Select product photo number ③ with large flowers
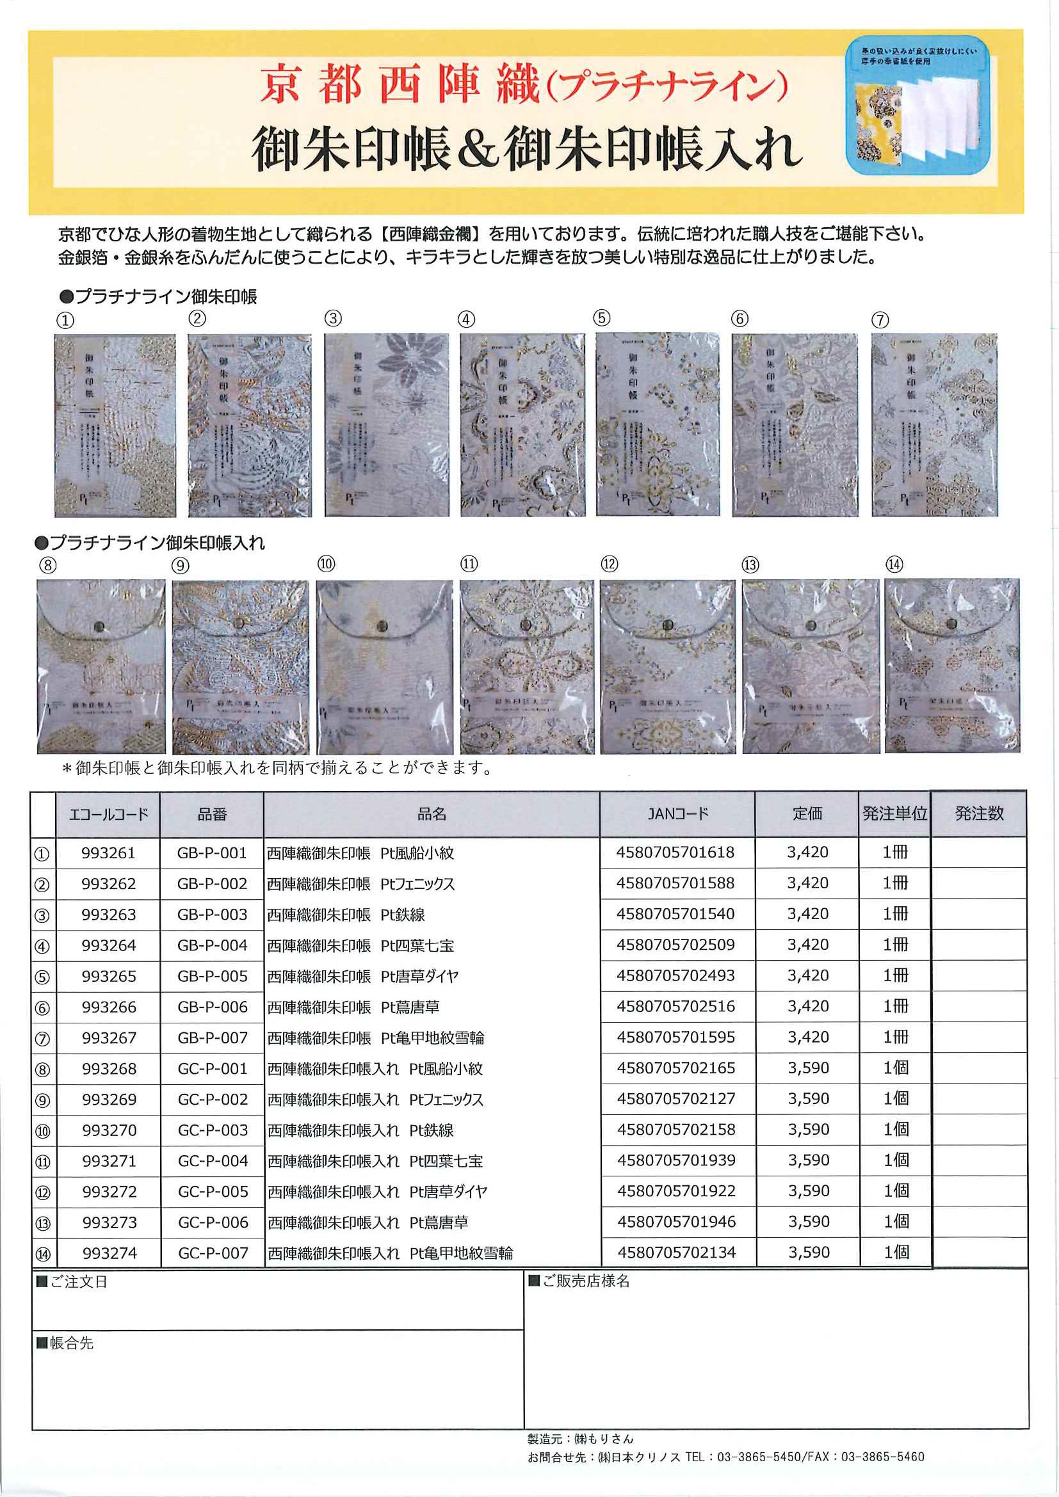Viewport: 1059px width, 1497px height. click(x=386, y=424)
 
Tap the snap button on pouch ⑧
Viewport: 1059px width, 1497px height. click(x=99, y=627)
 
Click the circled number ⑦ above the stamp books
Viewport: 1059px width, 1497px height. click(x=880, y=320)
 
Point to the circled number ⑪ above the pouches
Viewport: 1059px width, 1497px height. click(x=469, y=564)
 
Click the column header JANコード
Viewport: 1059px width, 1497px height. click(x=677, y=813)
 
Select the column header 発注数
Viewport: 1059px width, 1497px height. click(x=978, y=813)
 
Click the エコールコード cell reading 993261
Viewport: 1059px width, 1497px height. click(x=108, y=853)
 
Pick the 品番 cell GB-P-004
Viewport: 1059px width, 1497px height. click(x=212, y=945)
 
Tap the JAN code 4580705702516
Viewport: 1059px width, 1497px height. click(x=675, y=1007)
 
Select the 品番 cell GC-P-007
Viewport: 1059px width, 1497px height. click(x=213, y=1253)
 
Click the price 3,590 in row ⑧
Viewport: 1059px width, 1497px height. click(x=808, y=1068)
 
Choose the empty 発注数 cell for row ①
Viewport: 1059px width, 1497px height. click(x=978, y=853)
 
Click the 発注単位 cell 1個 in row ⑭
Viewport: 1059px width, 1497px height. click(x=896, y=1253)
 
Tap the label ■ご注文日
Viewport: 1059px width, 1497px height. click(x=71, y=1282)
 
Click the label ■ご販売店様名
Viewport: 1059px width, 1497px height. click(x=578, y=1281)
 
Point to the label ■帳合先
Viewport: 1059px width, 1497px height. click(x=65, y=1343)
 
